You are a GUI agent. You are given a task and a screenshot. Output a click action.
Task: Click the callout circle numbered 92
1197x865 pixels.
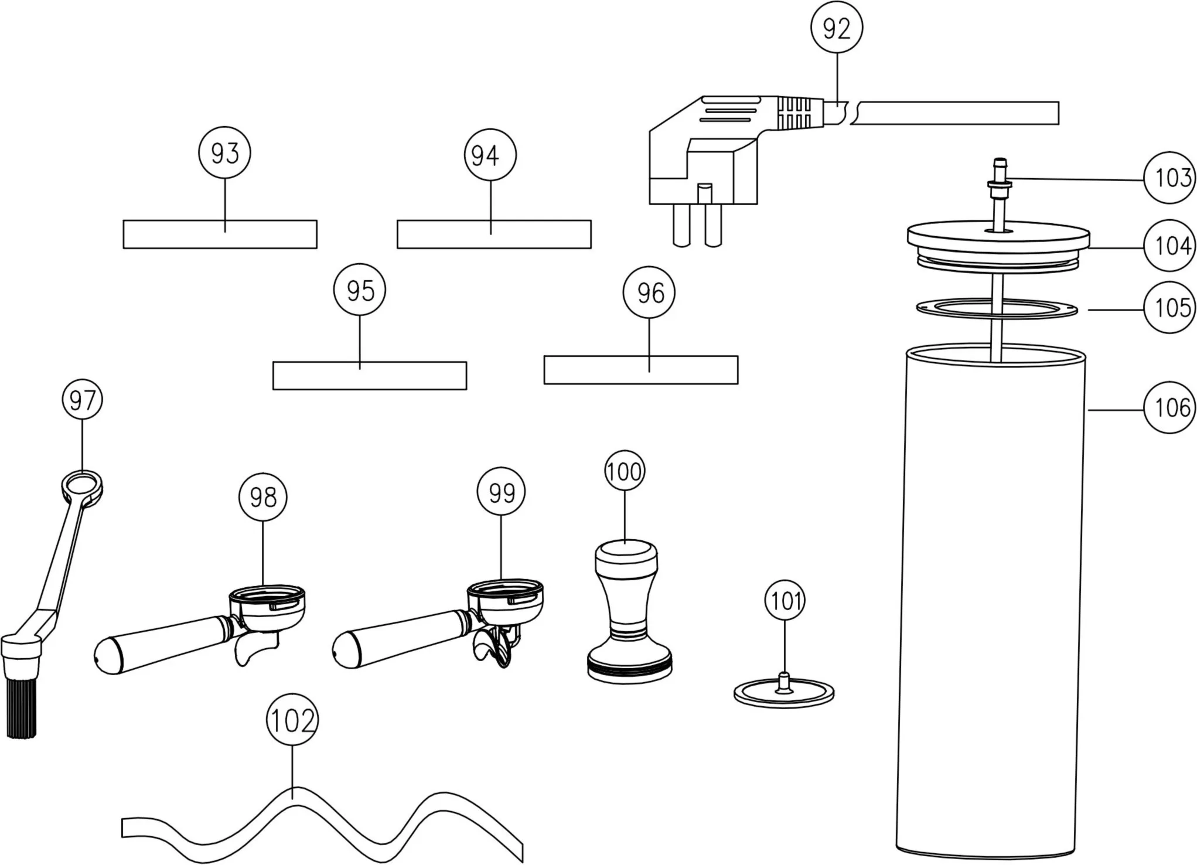pyautogui.click(x=837, y=28)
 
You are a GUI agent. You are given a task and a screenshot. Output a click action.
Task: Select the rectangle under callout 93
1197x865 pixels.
pyautogui.click(x=220, y=234)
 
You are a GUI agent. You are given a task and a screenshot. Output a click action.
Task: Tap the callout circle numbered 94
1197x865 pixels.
pyautogui.click(x=490, y=155)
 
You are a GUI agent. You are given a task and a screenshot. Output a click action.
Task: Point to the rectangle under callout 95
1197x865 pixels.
pyautogui.click(x=370, y=376)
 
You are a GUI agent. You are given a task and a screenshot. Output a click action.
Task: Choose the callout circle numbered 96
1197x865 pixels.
pyautogui.click(x=649, y=292)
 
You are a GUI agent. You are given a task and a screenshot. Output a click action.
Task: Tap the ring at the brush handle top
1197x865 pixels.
pyautogui.click(x=82, y=487)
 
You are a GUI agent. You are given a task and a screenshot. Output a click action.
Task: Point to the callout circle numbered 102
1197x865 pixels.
pyautogui.click(x=292, y=720)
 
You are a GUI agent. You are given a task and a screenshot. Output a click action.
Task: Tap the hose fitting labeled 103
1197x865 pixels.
pyautogui.click(x=1000, y=182)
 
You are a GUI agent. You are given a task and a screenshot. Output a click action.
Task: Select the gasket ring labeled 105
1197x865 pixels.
pyautogui.click(x=997, y=309)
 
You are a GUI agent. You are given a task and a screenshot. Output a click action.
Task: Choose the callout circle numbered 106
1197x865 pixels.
pyautogui.click(x=1170, y=407)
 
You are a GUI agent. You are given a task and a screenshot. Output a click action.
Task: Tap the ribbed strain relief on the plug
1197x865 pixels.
pyautogui.click(x=794, y=113)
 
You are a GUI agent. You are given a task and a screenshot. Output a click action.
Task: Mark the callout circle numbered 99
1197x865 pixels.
pyautogui.click(x=502, y=492)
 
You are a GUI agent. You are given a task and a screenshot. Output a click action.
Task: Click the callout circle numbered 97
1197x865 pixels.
pyautogui.click(x=82, y=400)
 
